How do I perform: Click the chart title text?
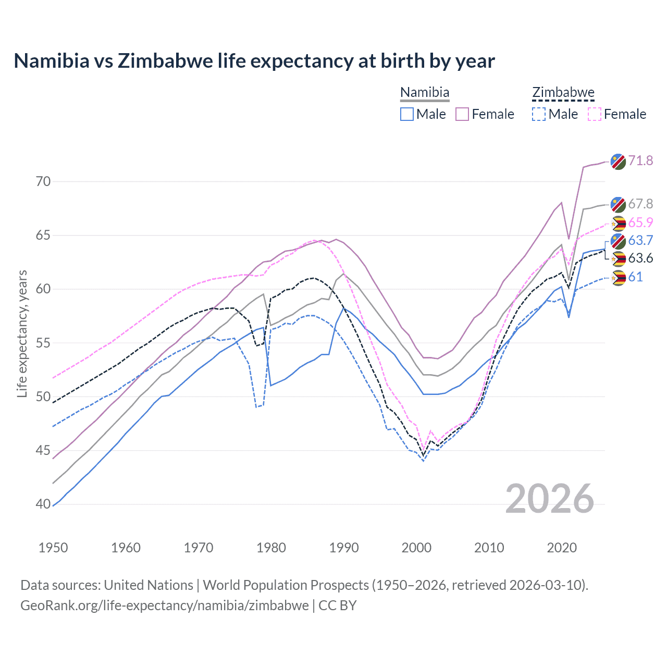254,61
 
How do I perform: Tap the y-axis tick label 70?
43,181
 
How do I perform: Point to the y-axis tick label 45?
43,450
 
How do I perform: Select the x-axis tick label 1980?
271,548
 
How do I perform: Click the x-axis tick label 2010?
489,548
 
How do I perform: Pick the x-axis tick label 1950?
53,548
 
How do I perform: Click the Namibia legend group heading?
425,93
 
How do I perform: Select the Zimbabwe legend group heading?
563,93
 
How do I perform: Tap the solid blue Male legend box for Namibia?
407,114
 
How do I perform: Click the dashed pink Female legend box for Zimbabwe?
595,114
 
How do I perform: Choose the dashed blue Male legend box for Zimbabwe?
539,114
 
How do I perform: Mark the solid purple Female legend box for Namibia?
462,114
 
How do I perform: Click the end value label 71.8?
640,160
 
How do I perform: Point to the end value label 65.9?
640,223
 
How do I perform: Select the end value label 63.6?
640,258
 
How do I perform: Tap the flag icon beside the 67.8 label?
618,205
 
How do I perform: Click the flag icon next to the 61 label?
618,278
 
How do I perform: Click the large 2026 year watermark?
550,499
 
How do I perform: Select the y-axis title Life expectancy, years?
22,333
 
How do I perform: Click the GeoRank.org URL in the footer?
165,606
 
